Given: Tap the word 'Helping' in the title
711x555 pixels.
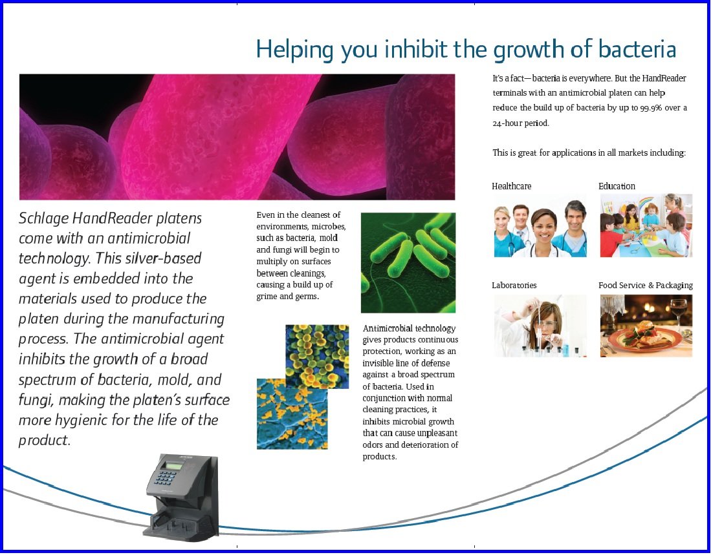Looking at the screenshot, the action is (295, 50).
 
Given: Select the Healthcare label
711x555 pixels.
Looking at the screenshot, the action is (512, 186).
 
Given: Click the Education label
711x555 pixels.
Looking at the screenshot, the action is (617, 186).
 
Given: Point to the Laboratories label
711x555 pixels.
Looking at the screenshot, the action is (514, 285).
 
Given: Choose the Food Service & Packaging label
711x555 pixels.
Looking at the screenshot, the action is (646, 285).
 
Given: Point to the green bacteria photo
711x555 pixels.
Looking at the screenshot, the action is (408, 262).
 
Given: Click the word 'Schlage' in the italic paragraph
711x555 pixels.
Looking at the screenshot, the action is (43, 218).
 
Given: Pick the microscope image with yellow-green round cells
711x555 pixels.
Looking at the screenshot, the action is (317, 356).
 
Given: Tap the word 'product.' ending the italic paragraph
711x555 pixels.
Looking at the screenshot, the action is (45, 440).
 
